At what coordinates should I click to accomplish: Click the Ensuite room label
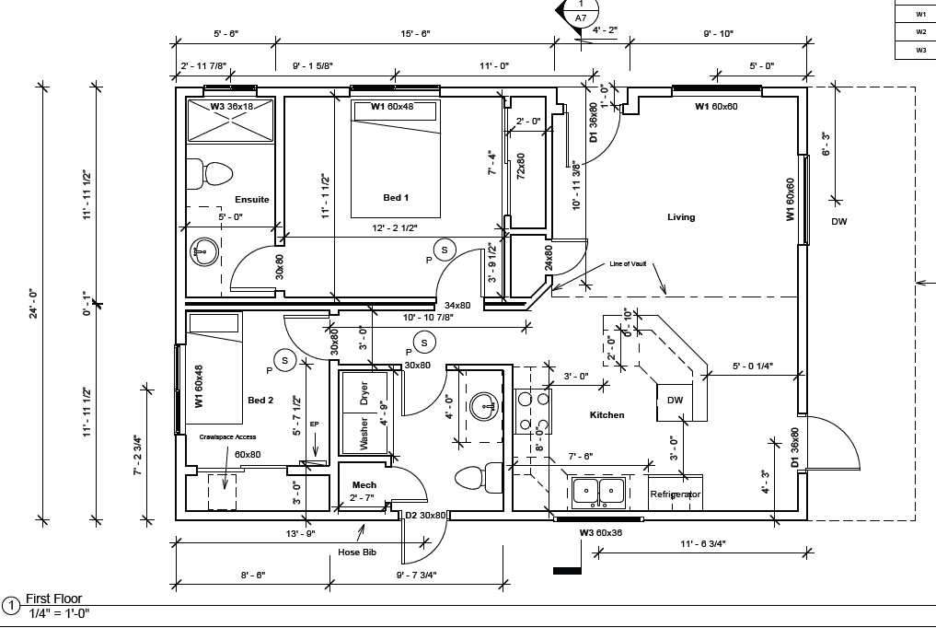(251, 200)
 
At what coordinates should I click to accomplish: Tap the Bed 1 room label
(396, 198)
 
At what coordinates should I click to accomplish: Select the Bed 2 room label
(260, 400)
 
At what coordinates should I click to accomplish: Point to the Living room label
(681, 217)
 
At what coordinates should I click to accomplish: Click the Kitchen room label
(607, 415)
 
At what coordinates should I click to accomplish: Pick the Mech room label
(364, 484)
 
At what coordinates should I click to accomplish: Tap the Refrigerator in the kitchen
(676, 494)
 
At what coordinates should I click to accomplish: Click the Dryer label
(364, 393)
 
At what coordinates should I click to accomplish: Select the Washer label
(364, 434)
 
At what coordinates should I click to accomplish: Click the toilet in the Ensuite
(210, 174)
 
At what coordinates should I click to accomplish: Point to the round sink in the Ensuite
(204, 252)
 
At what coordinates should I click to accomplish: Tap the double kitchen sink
(598, 493)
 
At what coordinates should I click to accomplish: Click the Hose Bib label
(357, 552)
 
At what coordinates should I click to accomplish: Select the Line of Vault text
(628, 264)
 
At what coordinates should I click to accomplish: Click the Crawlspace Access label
(227, 437)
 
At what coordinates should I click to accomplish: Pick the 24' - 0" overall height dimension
(33, 304)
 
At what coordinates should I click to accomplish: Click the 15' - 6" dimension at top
(415, 33)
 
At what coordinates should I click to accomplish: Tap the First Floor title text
(53, 599)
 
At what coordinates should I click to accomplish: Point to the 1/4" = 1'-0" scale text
(59, 613)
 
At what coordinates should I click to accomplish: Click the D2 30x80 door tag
(425, 515)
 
